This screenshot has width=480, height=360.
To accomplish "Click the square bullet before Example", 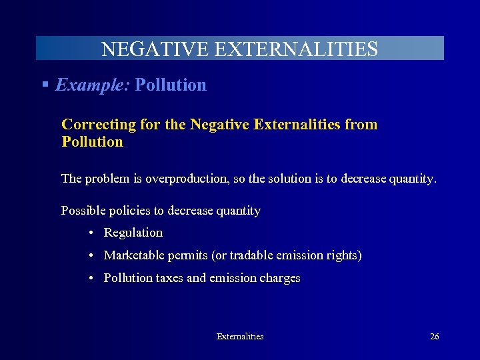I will (45, 85).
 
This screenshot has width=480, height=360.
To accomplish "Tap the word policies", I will (129, 211).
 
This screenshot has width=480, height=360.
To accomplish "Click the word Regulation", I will (133, 233).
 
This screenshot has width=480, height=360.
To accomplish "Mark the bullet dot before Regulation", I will (90, 233).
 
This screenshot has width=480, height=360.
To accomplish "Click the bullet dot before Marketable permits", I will (90, 256).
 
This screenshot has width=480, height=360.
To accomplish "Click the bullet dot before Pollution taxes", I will (90, 279).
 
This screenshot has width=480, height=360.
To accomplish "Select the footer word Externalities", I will (240, 337).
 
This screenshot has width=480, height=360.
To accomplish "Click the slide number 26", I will (435, 337).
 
